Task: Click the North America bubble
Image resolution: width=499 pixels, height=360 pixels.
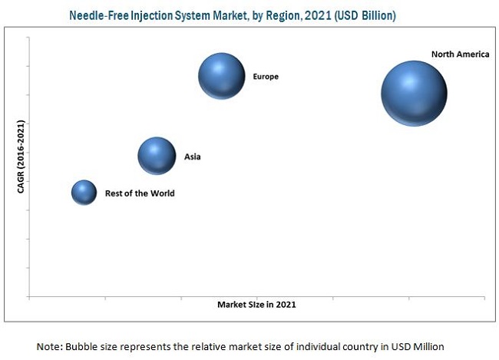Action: point(414,93)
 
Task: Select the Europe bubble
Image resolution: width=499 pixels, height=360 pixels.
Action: point(222,76)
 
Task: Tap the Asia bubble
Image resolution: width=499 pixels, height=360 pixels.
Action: point(157,157)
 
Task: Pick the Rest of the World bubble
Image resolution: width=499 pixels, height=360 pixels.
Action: point(84,193)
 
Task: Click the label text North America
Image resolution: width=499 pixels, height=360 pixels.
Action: point(460,54)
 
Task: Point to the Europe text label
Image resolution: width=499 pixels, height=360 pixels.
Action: point(266,77)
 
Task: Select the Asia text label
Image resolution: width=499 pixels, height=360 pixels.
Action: point(192,157)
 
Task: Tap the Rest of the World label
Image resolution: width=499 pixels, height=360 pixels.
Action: point(140,193)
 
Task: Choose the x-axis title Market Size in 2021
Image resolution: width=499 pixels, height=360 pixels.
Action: point(256,305)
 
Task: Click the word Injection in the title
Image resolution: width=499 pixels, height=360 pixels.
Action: point(148,15)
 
